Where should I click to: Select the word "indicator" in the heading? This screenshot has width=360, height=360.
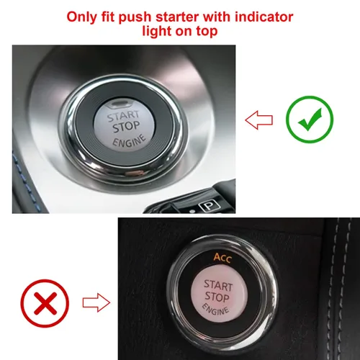pos(264,17)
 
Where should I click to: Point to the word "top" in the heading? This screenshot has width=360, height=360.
pos(207,32)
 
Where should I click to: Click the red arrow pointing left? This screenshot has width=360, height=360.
pos(259,120)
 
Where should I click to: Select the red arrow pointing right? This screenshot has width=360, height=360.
pos(96,302)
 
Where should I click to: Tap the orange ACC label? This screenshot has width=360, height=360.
pos(223,258)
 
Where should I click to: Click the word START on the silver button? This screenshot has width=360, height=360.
pos(123,116)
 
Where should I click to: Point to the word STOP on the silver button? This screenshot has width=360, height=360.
pos(127,127)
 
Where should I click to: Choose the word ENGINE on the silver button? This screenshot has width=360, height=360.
pos(130,140)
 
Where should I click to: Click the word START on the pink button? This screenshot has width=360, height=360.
pos(218,285)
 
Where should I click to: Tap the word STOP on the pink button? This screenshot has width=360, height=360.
pos(217,297)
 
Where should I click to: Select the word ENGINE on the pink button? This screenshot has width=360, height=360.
pos(215,310)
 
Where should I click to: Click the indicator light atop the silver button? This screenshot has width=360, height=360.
pos(120,104)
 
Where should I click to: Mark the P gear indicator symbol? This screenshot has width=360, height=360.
pos(210,206)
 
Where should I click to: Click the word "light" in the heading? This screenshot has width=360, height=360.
pos(157,32)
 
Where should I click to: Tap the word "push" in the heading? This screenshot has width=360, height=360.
pos(135,18)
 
